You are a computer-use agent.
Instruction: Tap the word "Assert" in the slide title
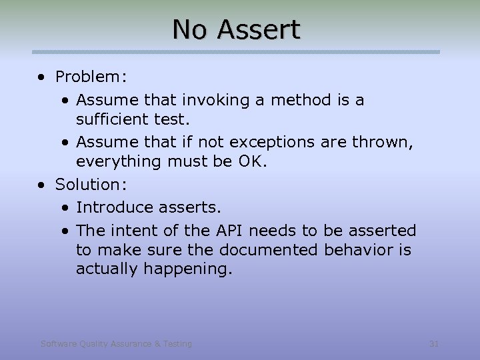(x=259, y=29)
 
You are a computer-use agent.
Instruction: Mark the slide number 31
(x=433, y=344)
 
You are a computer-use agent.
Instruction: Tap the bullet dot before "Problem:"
(x=42, y=77)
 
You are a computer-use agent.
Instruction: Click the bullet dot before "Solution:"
(x=42, y=183)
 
